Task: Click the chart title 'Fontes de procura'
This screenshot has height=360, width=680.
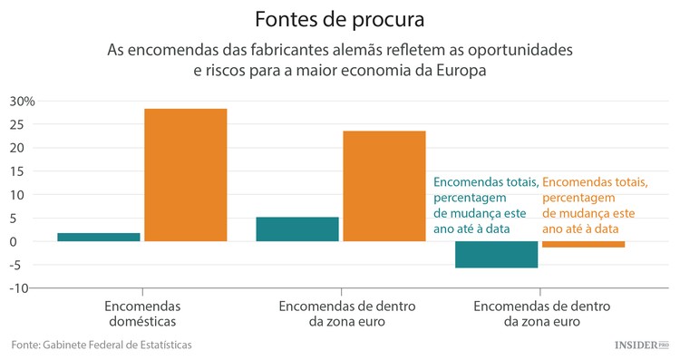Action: click(340, 18)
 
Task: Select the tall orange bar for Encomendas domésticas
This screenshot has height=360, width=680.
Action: click(186, 175)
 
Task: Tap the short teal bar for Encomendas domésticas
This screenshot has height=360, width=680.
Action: click(99, 237)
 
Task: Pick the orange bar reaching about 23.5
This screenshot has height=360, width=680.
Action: click(384, 186)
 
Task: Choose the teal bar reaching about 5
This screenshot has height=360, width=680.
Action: click(296, 229)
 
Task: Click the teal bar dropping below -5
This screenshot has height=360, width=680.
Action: click(496, 255)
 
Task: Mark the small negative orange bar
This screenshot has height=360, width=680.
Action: click(583, 244)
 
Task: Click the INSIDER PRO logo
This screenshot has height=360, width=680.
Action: click(641, 345)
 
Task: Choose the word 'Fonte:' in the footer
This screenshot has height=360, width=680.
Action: click(25, 345)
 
